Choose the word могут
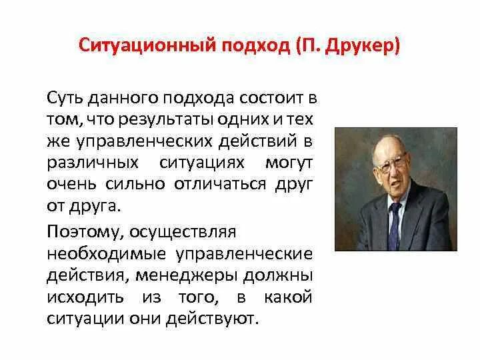288,163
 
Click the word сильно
130,184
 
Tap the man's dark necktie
395,219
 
